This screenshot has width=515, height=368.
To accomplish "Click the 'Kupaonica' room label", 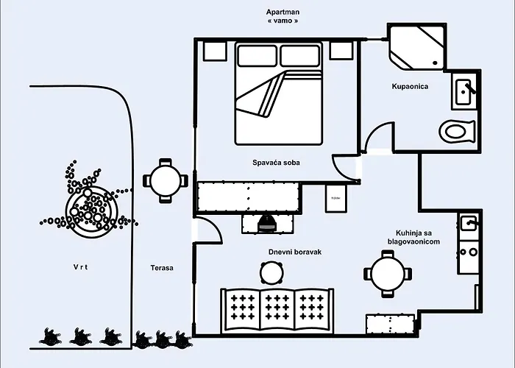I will (x=410, y=87).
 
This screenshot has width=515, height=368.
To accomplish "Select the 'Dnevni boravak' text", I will (x=294, y=252).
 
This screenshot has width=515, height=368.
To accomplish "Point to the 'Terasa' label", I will (x=161, y=268).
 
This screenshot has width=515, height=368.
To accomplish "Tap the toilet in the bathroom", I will (x=456, y=132).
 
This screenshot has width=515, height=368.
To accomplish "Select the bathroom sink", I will (x=464, y=93).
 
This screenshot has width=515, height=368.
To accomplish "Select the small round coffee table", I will (x=271, y=273).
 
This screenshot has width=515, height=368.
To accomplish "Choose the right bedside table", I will (x=341, y=50).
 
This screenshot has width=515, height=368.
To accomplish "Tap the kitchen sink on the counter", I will (x=469, y=222).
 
